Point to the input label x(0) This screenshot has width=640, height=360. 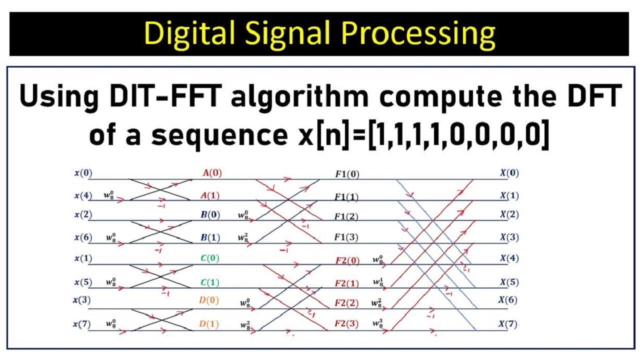coord(83,173)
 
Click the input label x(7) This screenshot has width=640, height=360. coord(83,324)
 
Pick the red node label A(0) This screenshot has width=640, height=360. coord(212,173)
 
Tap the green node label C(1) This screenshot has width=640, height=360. coord(210,282)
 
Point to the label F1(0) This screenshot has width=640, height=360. coord(347,175)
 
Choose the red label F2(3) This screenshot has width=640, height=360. coord(347,323)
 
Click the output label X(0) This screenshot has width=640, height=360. coord(509,173)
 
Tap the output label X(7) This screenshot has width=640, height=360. coord(509,324)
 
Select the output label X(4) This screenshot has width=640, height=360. coord(509,258)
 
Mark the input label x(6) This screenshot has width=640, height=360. coord(83,237)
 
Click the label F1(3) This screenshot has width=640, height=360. coord(347,237)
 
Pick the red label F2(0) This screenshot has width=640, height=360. coord(347,260)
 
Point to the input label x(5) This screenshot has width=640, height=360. coord(83,282)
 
